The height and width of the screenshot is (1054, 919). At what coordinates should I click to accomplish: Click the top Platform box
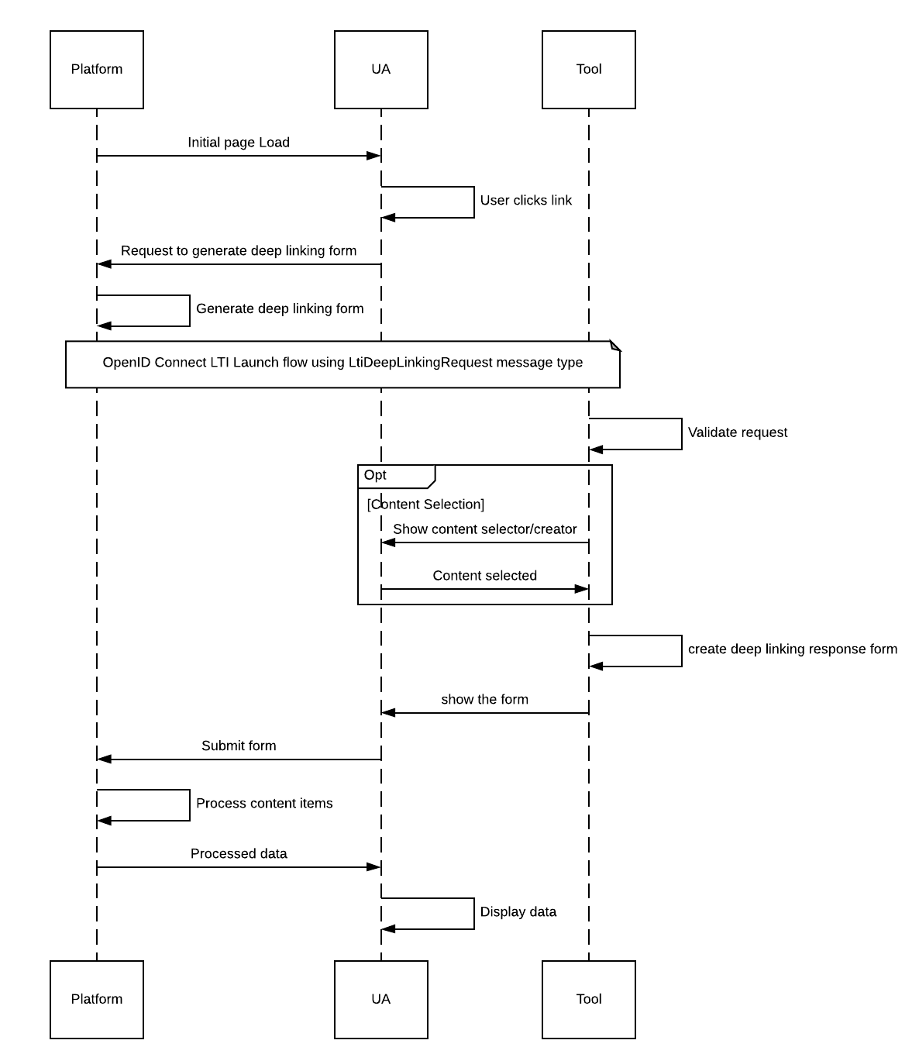coord(97,70)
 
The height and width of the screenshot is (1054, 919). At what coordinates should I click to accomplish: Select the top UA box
coord(380,70)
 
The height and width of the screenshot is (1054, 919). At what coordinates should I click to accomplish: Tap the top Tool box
coord(588,70)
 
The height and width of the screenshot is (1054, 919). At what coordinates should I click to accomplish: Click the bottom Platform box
coord(97,999)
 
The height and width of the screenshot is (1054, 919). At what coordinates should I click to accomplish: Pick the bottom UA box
coord(380,999)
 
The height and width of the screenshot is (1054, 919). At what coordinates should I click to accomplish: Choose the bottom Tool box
coord(588,999)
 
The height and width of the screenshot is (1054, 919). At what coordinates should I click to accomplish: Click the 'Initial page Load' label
coord(239,143)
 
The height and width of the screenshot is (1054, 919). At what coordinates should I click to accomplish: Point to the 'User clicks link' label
coord(525,201)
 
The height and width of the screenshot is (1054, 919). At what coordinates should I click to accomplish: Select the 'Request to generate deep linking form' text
coord(239,251)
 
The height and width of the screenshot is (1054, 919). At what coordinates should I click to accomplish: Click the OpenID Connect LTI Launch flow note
coord(342,363)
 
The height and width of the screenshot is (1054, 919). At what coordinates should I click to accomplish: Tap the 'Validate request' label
coord(737,432)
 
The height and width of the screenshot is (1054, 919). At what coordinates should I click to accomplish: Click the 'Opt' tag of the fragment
coord(376,475)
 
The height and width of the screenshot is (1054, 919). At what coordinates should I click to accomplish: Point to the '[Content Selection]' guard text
coord(425,505)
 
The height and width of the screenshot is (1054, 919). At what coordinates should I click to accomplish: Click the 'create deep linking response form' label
coord(792,649)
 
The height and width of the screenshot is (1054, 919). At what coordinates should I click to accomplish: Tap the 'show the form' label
coord(484,700)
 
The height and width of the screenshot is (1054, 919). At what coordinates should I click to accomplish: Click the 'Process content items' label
coord(264,804)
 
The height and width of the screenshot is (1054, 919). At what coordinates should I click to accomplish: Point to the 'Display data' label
coord(518,912)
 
